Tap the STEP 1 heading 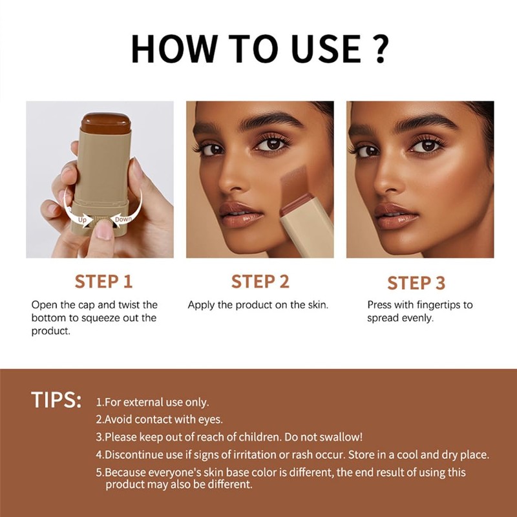click(103, 282)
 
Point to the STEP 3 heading click(416, 283)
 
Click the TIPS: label click(56, 400)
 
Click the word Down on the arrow click(123, 220)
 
